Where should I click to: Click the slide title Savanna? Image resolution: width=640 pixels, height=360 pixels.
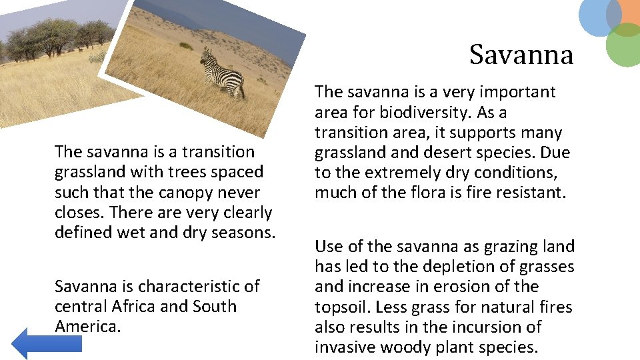pos(521,55)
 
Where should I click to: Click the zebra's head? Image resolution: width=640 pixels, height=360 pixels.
pos(206,56)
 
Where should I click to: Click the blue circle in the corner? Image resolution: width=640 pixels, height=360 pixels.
pos(599,16)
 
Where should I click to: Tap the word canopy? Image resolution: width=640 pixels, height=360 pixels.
pos(189,193)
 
